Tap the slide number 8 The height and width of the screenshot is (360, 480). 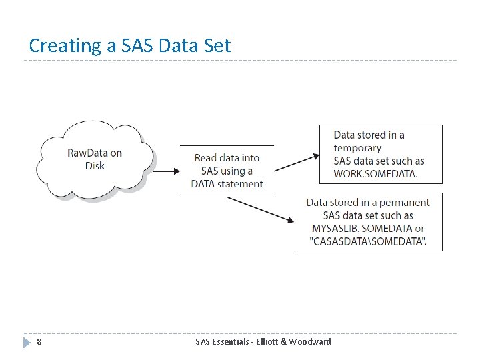(39, 342)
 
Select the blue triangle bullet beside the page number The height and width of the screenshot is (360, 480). (26, 342)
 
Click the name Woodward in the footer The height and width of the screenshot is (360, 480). (306, 342)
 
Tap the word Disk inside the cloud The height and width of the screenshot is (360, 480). (95, 166)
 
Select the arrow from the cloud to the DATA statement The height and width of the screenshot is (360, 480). (167, 171)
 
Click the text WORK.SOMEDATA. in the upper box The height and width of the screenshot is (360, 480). (375, 174)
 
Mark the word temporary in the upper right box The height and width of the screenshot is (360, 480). (357, 148)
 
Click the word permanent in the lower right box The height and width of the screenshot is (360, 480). (405, 203)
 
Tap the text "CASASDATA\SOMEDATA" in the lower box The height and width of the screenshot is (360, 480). (368, 241)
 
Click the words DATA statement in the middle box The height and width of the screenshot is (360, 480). (227, 184)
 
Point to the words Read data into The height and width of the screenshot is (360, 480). (227, 158)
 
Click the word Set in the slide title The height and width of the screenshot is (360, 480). (217, 45)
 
